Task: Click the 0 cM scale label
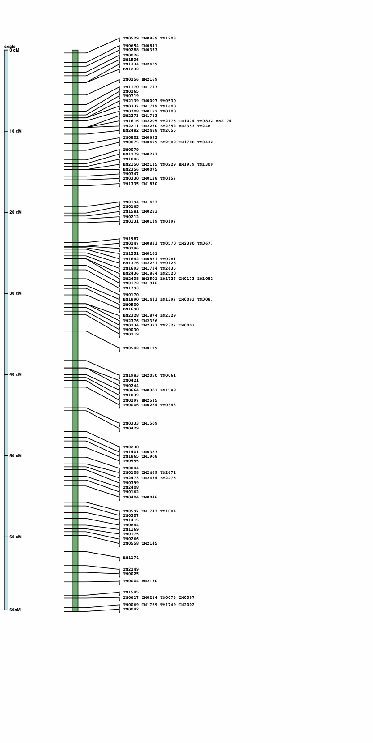14,50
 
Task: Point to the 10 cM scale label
16,131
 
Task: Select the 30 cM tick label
16,293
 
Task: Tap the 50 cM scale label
16,456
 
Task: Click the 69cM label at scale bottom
15,610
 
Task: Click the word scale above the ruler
10,46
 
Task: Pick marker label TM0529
131,39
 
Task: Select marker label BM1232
131,69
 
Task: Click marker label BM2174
224,121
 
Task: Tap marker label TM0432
205,142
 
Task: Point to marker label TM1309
205,165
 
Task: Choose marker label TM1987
131,239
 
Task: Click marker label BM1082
205,279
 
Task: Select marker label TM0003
186,326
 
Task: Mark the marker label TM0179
149,348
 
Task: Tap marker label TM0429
131,429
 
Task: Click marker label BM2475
168,478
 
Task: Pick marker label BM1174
131,558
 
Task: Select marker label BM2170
149,581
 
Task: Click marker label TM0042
131,610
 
